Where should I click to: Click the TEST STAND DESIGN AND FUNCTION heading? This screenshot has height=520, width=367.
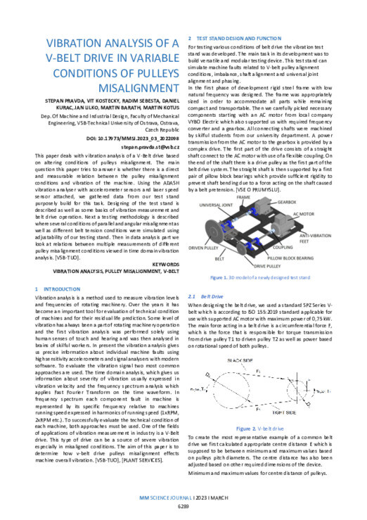(x=238, y=37)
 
